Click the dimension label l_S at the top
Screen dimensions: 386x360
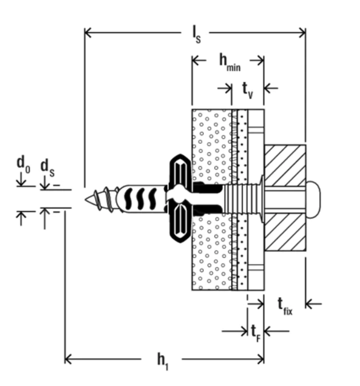point(195,35)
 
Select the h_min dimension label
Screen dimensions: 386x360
point(229,61)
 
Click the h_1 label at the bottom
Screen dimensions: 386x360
point(163,359)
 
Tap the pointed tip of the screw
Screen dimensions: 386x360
point(88,200)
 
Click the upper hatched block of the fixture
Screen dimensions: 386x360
point(284,165)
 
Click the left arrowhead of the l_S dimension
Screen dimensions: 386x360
point(88,32)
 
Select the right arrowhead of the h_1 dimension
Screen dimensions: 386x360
point(260,359)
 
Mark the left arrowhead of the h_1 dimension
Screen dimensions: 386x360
point(69,359)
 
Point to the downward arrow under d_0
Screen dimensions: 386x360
point(22,182)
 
